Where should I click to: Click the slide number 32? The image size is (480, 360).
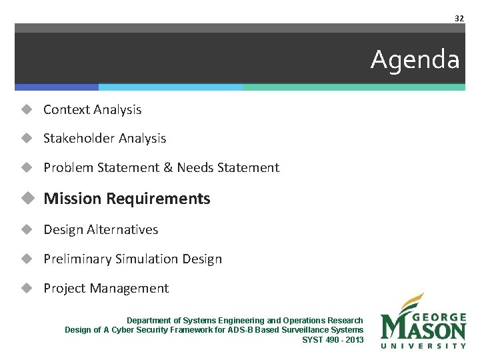click(x=459, y=19)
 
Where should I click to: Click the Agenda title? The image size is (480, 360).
click(x=415, y=60)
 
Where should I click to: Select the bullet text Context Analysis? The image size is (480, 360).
click(x=92, y=109)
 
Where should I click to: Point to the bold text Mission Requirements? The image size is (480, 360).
click(x=127, y=199)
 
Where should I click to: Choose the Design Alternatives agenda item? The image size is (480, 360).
click(x=101, y=229)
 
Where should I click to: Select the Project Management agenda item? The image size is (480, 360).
click(x=106, y=288)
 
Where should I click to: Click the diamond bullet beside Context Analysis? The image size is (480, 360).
click(x=26, y=109)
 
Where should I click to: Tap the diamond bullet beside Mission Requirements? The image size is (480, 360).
click(x=26, y=199)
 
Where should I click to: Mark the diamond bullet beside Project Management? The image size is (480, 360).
click(x=26, y=288)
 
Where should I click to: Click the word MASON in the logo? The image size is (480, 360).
click(x=425, y=329)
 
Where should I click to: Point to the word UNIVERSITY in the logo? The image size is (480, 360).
click(x=423, y=346)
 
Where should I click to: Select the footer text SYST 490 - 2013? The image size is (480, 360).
click(x=333, y=340)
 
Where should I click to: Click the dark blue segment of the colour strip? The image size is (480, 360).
click(x=57, y=87)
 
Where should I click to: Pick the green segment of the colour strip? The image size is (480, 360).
click(x=353, y=87)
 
